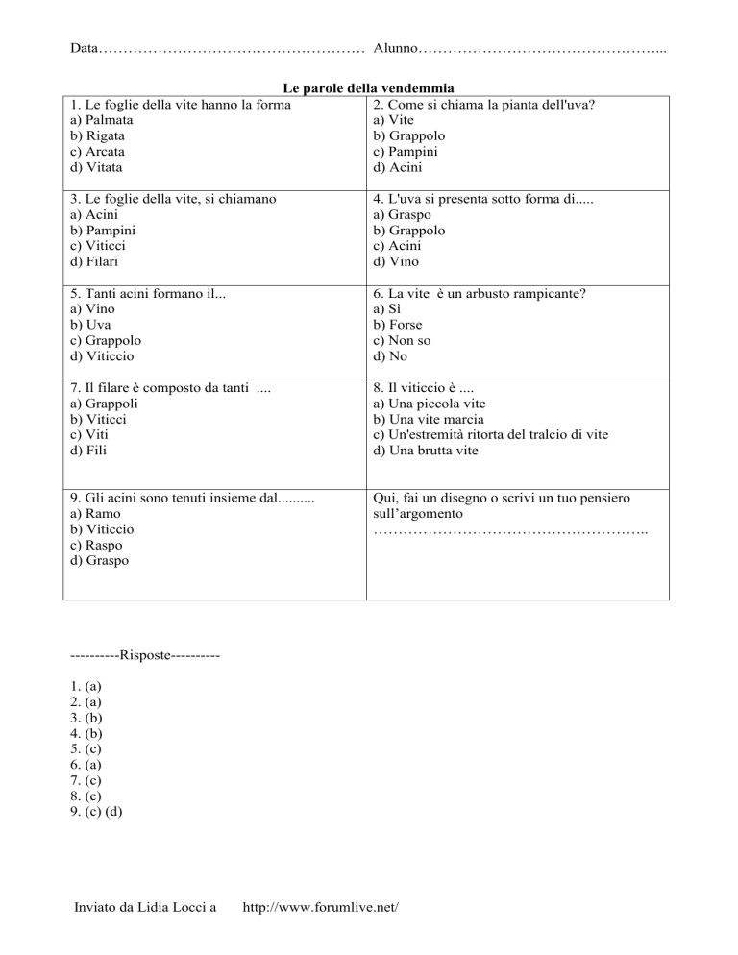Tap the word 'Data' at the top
(85, 47)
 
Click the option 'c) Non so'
(405, 340)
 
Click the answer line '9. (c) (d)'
(96, 811)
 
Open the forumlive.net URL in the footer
(321, 906)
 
